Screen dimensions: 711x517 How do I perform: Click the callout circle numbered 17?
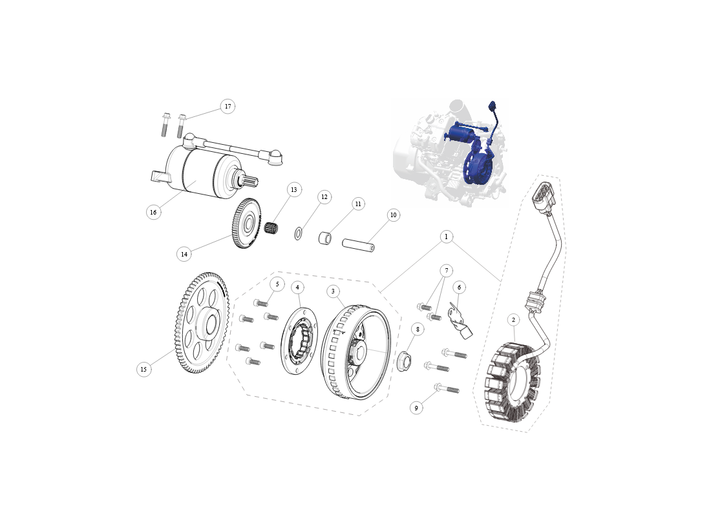[228, 107]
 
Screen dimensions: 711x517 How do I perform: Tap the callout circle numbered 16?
[153, 212]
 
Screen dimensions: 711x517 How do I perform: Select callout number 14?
[184, 254]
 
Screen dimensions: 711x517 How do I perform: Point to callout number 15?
[143, 369]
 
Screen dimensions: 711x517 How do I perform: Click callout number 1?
[446, 237]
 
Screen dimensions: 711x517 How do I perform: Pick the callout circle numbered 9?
[416, 408]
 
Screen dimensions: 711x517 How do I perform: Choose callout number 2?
[513, 320]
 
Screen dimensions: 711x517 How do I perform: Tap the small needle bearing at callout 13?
[271, 226]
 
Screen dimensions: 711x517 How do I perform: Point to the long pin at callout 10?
[358, 245]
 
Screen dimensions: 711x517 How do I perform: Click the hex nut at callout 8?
[405, 361]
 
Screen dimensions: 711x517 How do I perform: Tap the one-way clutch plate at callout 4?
[299, 342]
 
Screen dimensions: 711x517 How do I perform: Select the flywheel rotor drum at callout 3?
[356, 352]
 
